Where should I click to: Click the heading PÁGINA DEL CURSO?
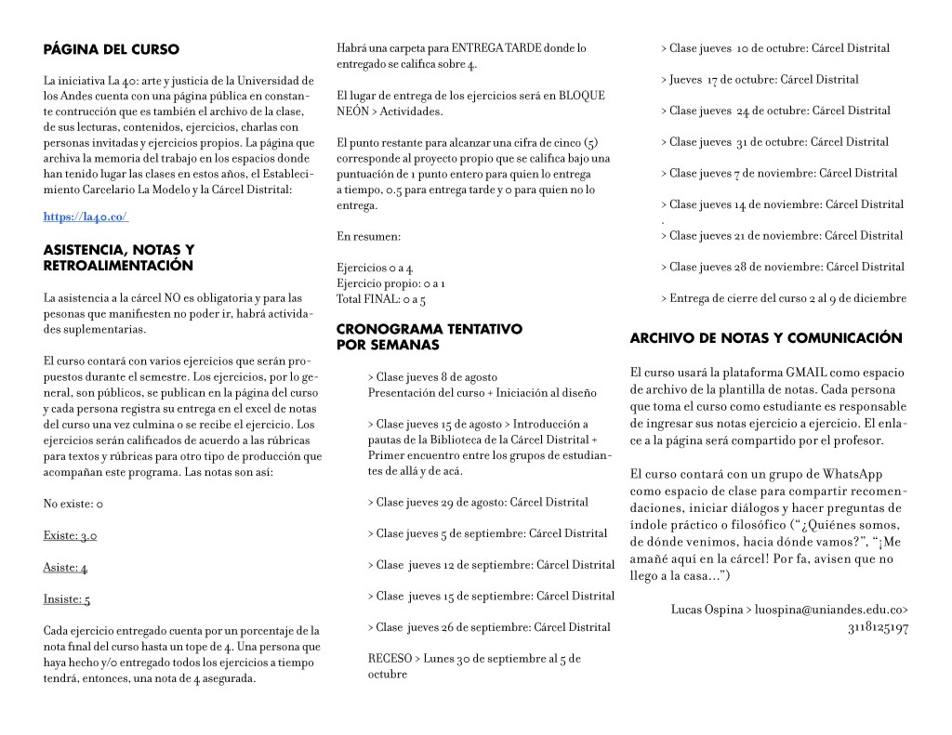pyautogui.click(x=112, y=49)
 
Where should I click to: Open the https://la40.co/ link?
pyautogui.click(x=86, y=217)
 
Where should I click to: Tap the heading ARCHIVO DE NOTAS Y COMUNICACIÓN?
pyautogui.click(x=766, y=338)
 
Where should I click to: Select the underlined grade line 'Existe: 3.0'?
pyautogui.click(x=70, y=536)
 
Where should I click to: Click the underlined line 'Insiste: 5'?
pyautogui.click(x=67, y=599)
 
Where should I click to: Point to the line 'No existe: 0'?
pyautogui.click(x=73, y=505)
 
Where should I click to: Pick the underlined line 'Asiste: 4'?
pyautogui.click(x=65, y=568)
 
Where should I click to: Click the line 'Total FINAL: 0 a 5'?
pyautogui.click(x=381, y=299)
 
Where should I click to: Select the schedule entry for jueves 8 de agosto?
pyautogui.click(x=431, y=377)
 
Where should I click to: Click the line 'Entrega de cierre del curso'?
pyautogui.click(x=783, y=298)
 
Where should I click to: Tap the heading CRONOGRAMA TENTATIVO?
pyautogui.click(x=429, y=329)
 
